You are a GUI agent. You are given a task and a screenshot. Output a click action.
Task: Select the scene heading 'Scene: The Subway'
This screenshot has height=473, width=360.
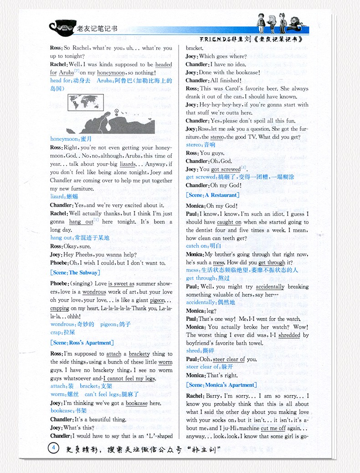tap(74, 272)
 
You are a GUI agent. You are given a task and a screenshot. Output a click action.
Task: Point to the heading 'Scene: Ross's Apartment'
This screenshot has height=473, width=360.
tap(82, 343)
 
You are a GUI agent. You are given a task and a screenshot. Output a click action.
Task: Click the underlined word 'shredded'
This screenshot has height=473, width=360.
tap(289, 335)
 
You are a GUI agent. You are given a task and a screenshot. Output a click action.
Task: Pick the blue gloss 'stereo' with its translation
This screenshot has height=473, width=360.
tap(201, 144)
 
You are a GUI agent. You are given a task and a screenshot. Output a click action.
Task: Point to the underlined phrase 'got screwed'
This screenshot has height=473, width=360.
tap(226, 170)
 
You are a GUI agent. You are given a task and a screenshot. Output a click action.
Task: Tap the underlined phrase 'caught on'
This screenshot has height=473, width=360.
tap(229, 222)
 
